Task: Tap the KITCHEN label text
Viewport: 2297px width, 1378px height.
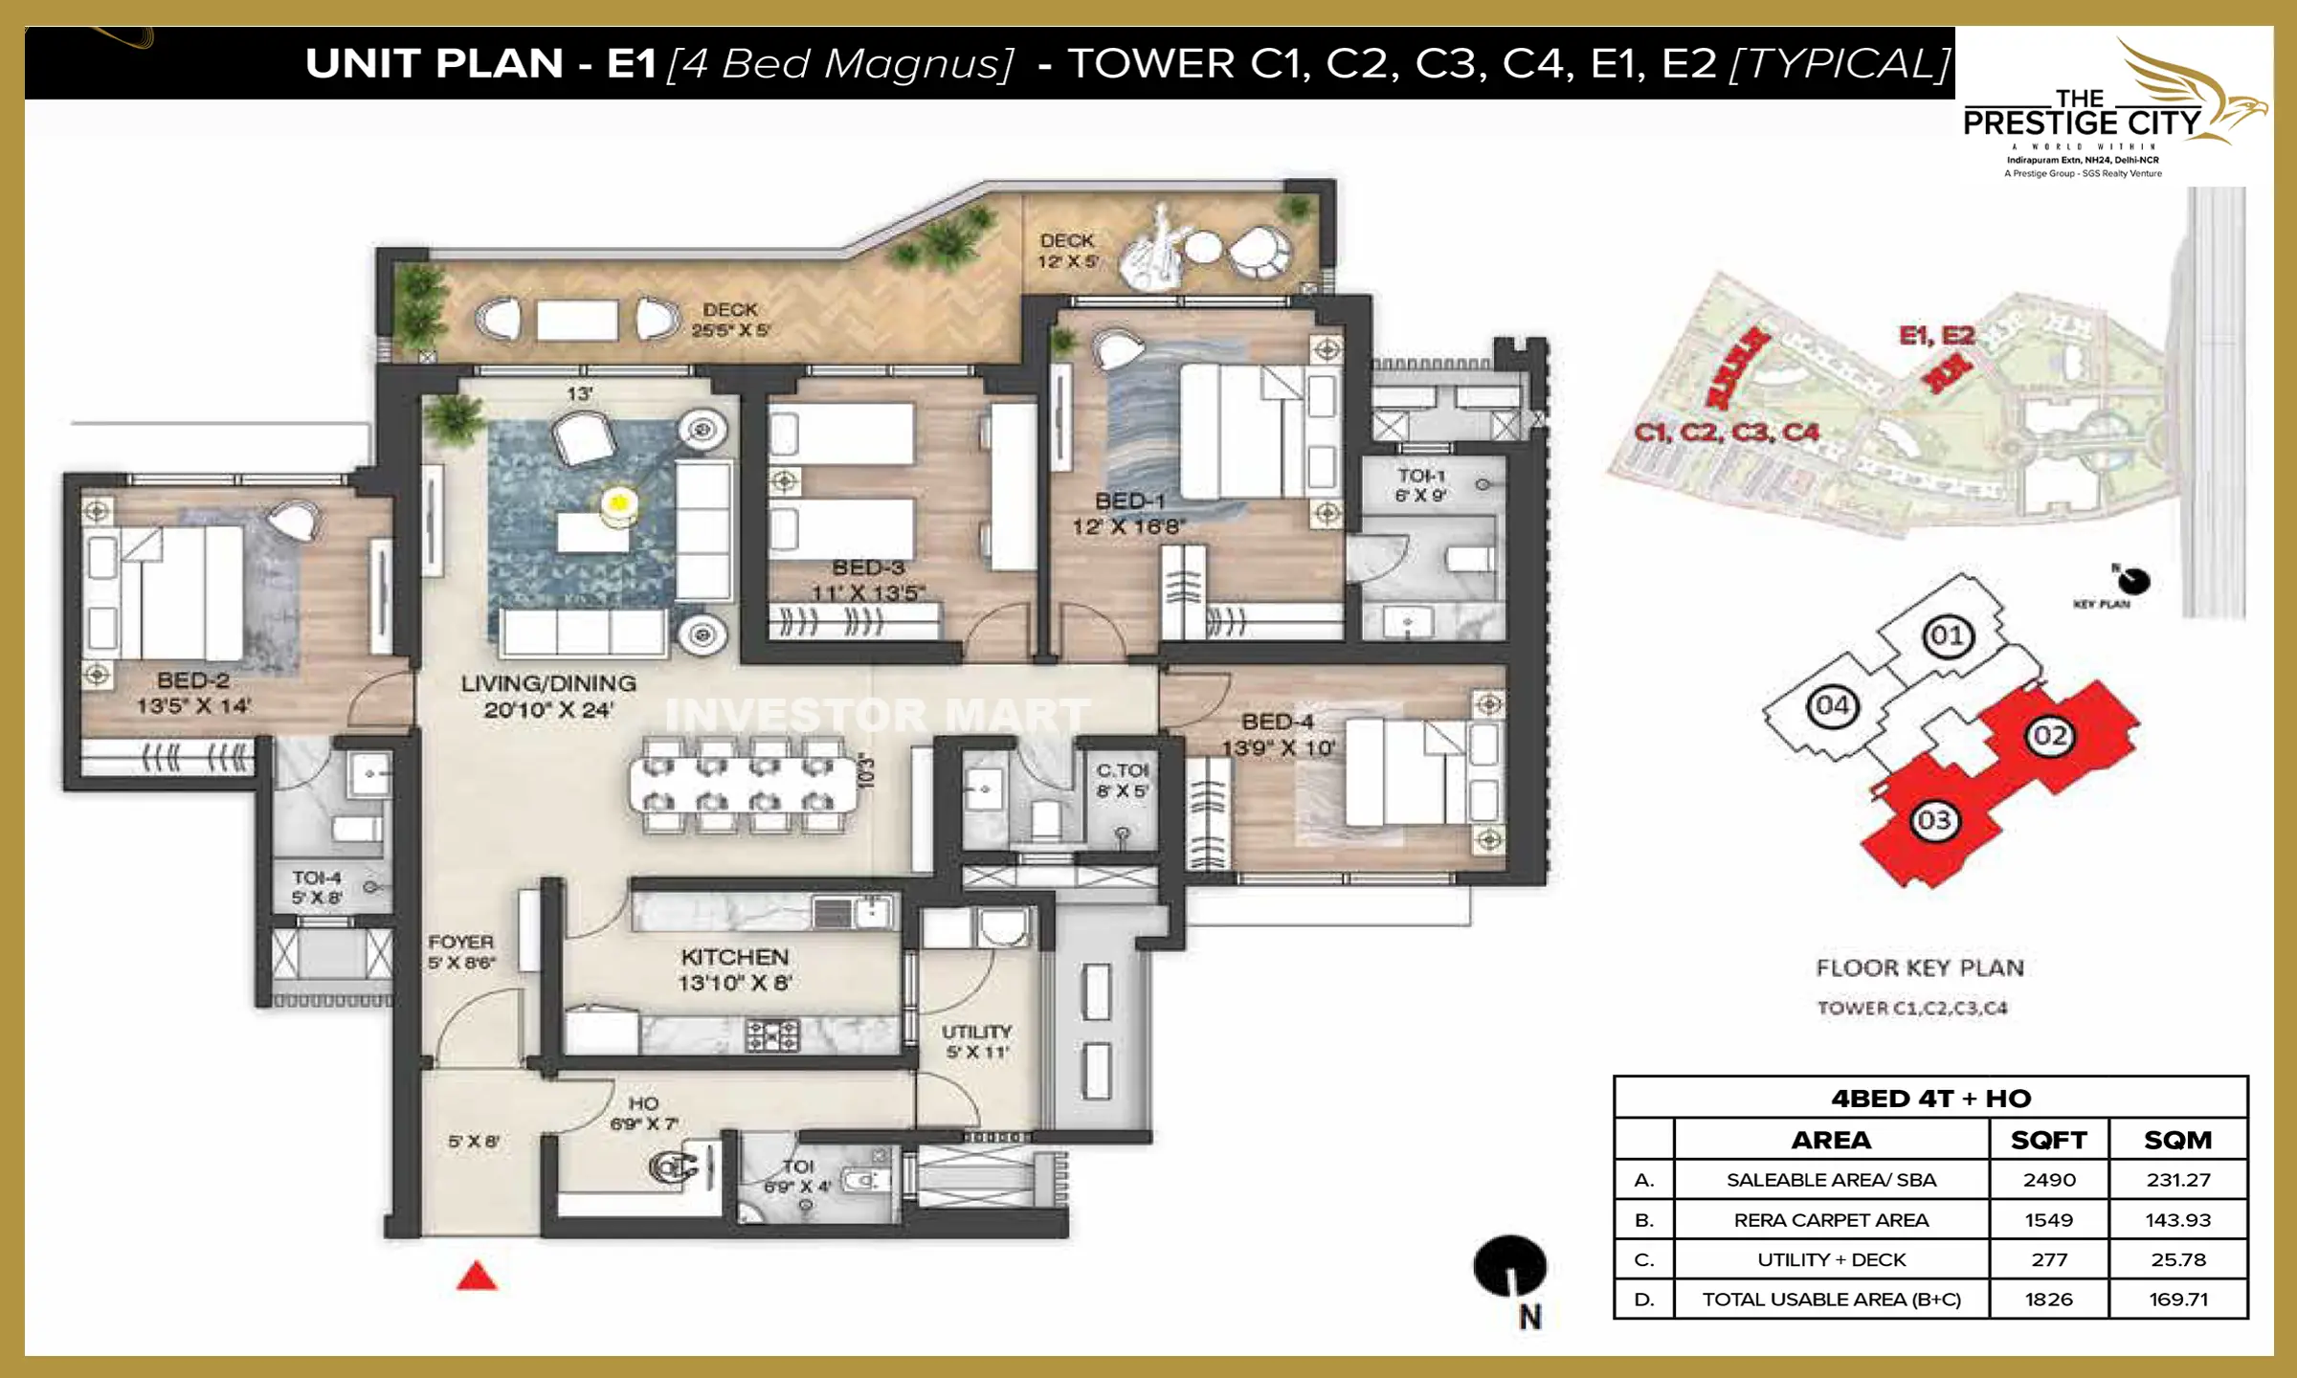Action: (x=735, y=957)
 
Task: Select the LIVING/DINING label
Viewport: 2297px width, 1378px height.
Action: (x=548, y=683)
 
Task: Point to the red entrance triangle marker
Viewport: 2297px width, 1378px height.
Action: (x=477, y=1277)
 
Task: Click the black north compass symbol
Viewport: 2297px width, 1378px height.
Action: (x=1509, y=1265)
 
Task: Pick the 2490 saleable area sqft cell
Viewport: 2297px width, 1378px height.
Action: (x=2049, y=1180)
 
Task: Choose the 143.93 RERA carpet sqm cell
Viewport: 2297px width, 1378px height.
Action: (x=2177, y=1220)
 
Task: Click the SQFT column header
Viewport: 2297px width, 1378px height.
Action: (x=2049, y=1140)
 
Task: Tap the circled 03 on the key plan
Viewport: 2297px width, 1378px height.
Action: (x=1933, y=820)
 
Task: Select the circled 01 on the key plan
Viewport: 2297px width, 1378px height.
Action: (x=1948, y=635)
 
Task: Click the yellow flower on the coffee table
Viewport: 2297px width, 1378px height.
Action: (x=619, y=501)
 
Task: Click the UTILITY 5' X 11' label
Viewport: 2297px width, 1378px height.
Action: (x=976, y=1041)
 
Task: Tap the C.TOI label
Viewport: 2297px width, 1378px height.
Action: (x=1122, y=771)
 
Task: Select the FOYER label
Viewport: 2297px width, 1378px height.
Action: (x=460, y=943)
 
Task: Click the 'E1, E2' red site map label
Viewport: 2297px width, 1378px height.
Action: (x=1936, y=336)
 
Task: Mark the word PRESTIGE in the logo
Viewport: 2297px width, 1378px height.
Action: (x=2039, y=123)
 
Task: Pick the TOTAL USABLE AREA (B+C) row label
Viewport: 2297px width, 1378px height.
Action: (x=1831, y=1300)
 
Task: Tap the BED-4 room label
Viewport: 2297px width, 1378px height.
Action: (x=1277, y=722)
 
